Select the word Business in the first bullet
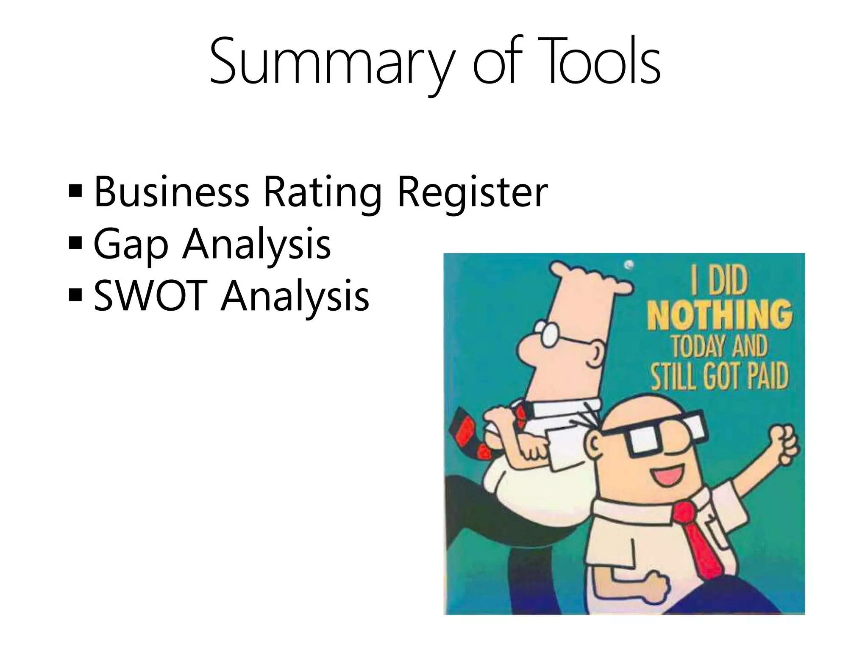tap(171, 193)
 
